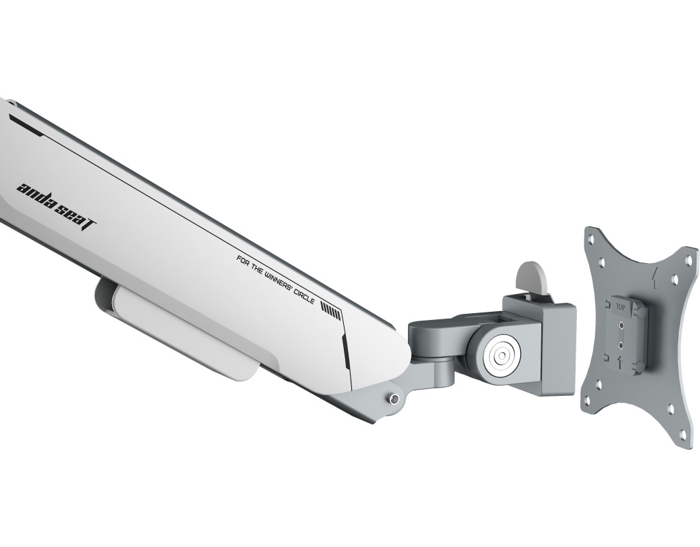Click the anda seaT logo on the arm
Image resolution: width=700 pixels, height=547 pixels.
tap(56, 206)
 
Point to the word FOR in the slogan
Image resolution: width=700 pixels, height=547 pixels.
tap(243, 259)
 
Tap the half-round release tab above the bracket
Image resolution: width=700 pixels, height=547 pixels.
tap(530, 278)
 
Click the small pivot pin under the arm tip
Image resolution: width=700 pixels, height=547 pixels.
tap(393, 399)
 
